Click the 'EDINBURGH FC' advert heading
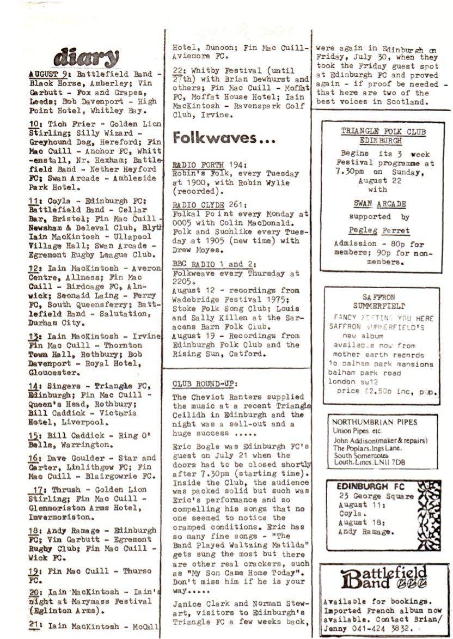370,486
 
